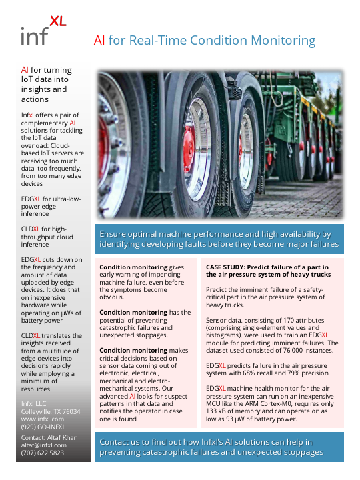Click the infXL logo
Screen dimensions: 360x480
tap(43, 31)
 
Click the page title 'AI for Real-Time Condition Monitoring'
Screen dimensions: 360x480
tap(204, 41)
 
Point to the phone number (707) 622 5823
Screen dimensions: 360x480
tap(43, 453)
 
